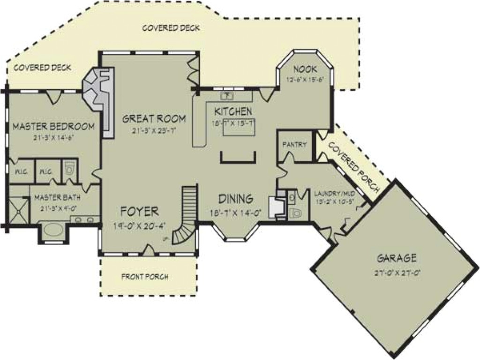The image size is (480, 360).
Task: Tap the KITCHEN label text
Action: (233, 112)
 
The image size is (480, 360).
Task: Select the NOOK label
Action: (306, 70)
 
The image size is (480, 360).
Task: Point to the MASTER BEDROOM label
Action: (53, 127)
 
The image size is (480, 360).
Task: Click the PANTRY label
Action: (294, 145)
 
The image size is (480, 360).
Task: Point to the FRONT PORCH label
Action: (145, 277)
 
